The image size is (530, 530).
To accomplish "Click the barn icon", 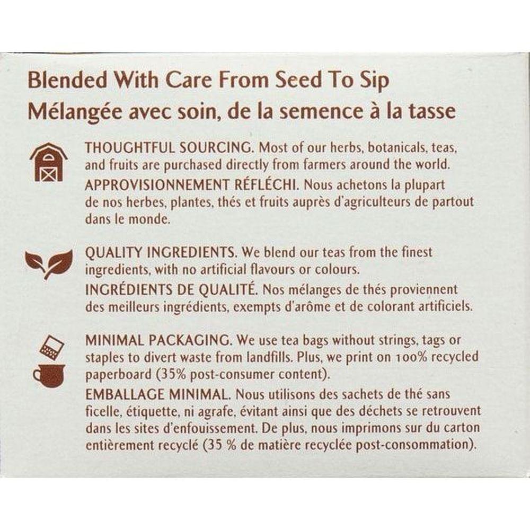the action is coord(49,162).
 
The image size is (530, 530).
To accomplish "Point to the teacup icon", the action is coord(48,376).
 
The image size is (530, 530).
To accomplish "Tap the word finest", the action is coord(417,252).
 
